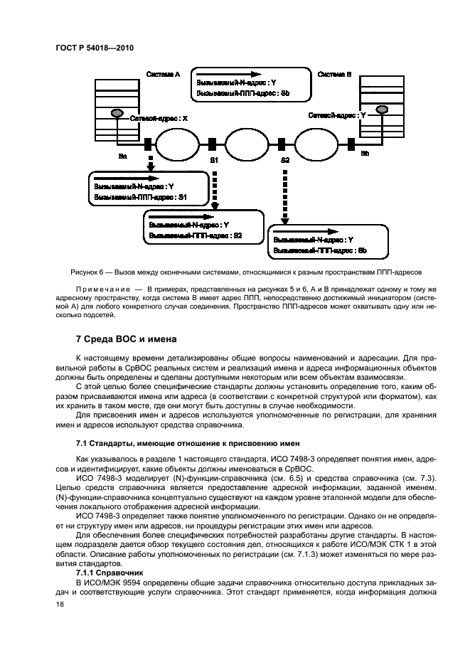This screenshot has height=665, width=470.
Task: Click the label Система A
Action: pos(163,73)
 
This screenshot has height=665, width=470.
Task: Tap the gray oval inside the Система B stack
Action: pos(382,109)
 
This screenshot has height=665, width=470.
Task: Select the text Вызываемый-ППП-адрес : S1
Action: pos(141,196)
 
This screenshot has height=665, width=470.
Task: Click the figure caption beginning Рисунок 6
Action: pos(235,272)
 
